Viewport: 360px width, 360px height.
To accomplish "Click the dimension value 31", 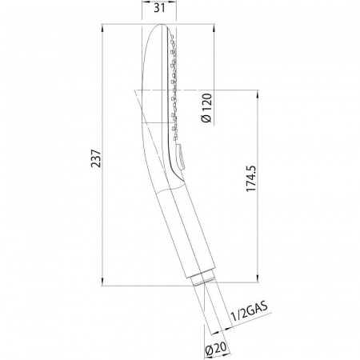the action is [x=159, y=8].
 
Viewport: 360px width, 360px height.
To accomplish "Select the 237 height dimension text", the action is [x=96, y=158].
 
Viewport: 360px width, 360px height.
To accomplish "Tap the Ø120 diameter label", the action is [x=206, y=108].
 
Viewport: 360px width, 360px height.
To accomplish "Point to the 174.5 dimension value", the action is [x=250, y=178].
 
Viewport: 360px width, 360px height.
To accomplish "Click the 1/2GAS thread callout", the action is [x=249, y=312].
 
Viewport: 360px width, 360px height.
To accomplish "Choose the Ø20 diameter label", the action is [x=216, y=348].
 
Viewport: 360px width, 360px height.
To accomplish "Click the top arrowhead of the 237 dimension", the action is [x=102, y=28].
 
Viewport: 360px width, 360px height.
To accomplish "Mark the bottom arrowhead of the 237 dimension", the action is [x=102, y=282].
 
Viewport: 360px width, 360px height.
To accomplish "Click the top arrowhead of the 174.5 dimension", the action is [x=258, y=94].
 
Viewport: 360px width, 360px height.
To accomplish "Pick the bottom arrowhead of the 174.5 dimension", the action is [x=258, y=278].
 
